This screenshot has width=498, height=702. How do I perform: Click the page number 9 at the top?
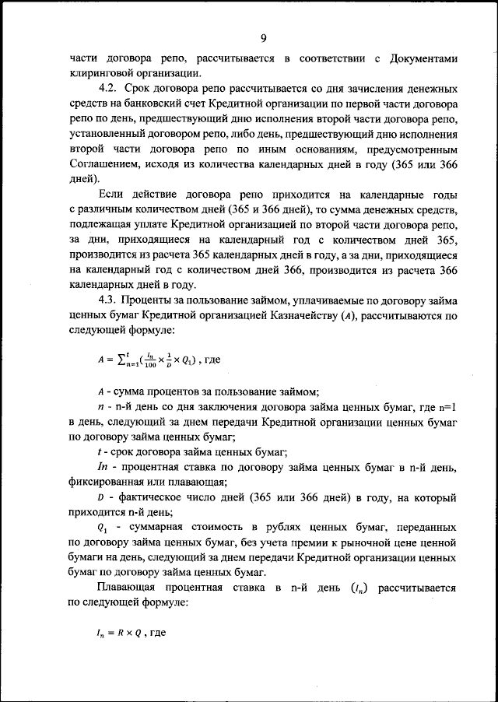264,40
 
